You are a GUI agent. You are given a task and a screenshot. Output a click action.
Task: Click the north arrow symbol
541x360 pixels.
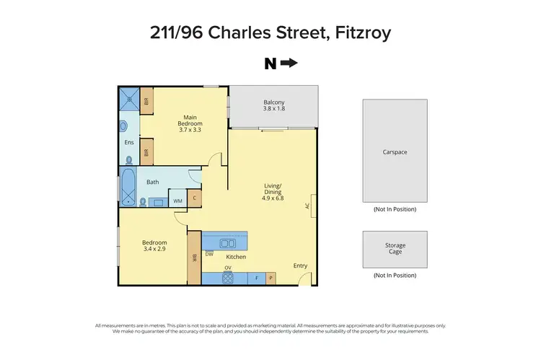click(x=289, y=63)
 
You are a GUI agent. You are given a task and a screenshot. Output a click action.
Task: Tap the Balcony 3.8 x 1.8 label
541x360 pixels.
click(x=273, y=105)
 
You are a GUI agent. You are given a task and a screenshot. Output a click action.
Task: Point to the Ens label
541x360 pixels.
click(x=129, y=142)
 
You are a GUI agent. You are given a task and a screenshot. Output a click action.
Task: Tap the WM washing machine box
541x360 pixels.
click(x=177, y=201)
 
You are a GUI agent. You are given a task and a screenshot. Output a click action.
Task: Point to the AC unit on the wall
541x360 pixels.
click(x=312, y=205)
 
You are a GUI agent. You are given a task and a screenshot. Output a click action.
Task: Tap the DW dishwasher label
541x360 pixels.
click(x=209, y=254)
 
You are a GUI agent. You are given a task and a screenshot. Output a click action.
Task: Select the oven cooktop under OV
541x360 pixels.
click(x=227, y=278)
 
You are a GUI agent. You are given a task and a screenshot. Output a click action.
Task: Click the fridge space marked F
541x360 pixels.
click(x=257, y=277)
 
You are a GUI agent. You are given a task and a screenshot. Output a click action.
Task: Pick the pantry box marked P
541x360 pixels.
click(x=270, y=277)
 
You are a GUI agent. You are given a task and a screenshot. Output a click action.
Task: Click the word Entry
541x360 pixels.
click(x=300, y=265)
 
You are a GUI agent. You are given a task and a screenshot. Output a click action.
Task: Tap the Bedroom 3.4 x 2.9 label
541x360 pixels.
click(x=154, y=245)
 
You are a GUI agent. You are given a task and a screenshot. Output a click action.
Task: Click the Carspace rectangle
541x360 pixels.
click(x=395, y=151)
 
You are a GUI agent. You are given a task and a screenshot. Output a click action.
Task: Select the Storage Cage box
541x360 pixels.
click(x=395, y=249)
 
